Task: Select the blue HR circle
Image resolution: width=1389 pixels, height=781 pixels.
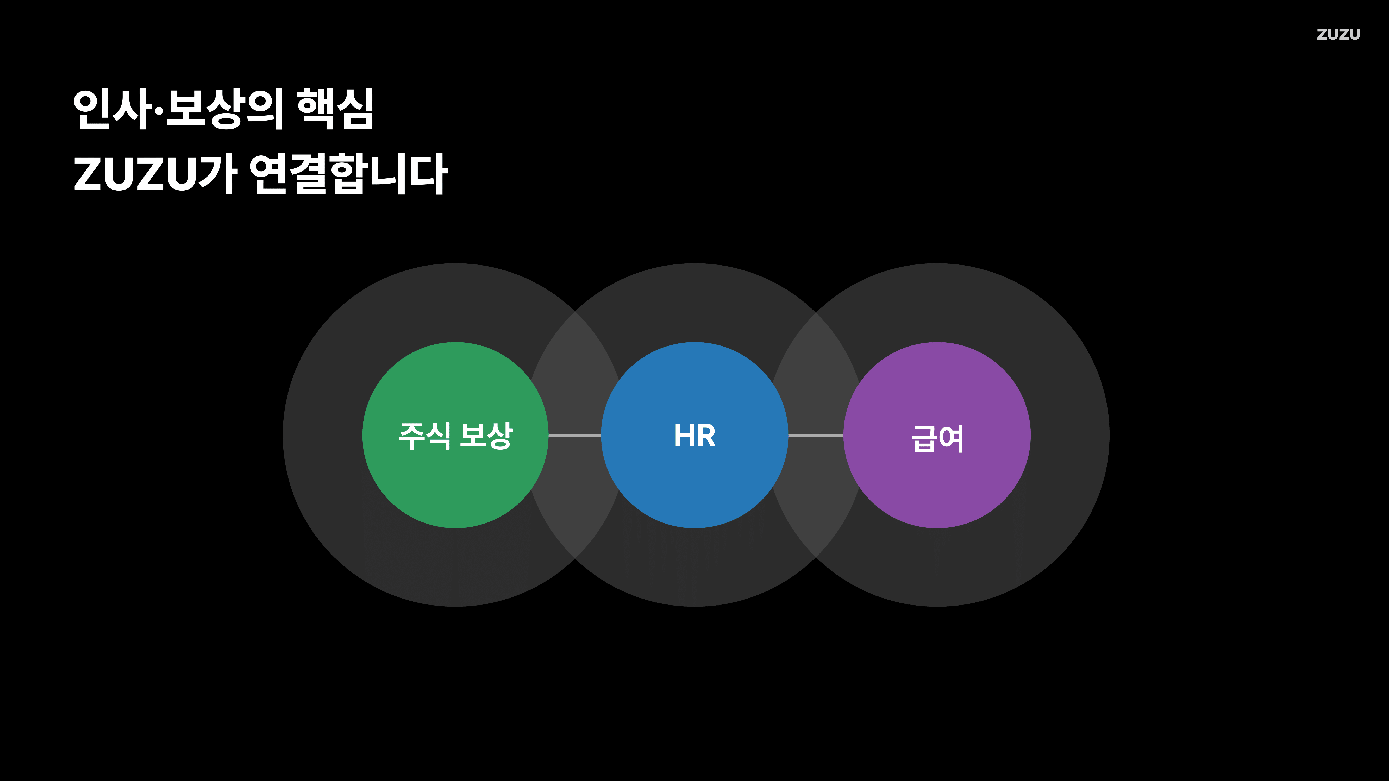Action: (694, 485)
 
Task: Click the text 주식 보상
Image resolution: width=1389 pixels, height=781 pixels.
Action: (456, 436)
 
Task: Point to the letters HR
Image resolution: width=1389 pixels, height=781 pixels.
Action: (694, 436)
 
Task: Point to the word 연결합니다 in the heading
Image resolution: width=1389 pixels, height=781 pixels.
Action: (348, 174)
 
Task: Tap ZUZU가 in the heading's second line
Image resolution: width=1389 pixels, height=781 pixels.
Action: (155, 174)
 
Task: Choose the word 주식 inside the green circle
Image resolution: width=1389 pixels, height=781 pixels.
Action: (424, 436)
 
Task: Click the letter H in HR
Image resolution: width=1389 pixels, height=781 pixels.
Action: (684, 436)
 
